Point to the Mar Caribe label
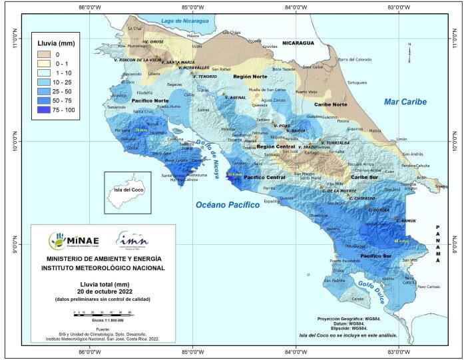[405, 101]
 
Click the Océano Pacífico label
[227, 205]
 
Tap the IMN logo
[132, 239]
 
